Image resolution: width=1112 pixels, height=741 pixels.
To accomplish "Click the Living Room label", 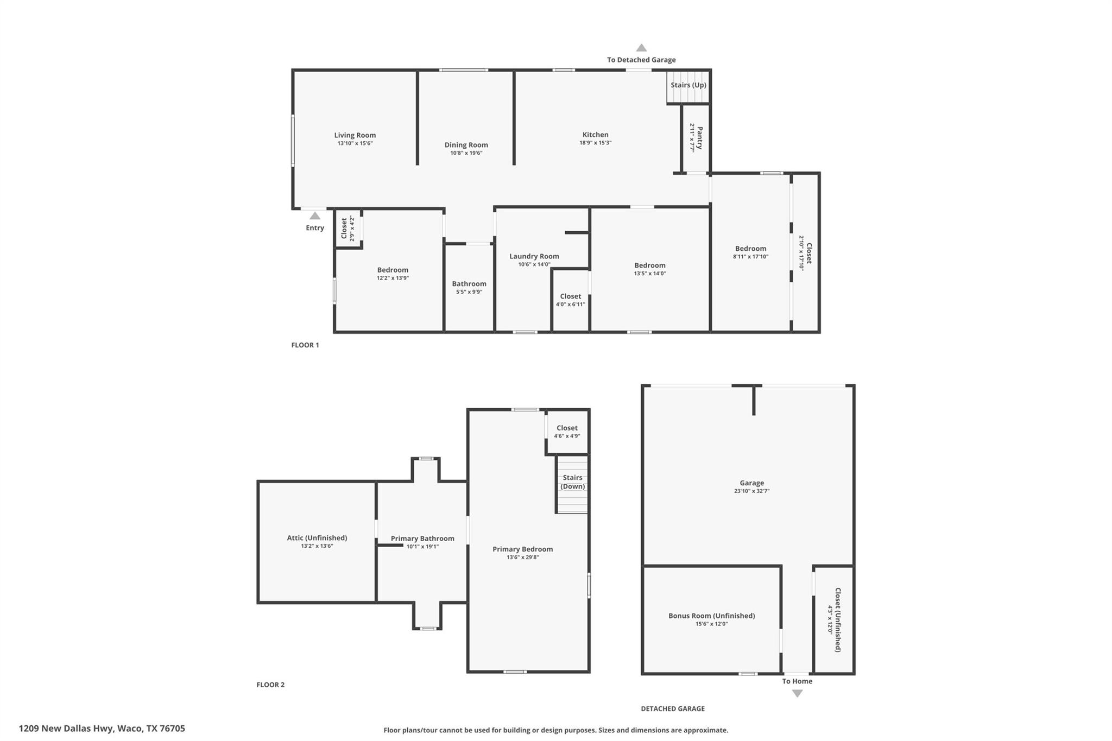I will pyautogui.click(x=355, y=135).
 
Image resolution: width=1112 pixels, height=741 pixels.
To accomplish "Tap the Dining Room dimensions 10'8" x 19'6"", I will pyautogui.click(x=466, y=153).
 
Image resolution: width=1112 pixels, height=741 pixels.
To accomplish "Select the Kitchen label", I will pyautogui.click(x=595, y=135).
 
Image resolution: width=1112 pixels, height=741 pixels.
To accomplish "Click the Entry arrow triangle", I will pyautogui.click(x=315, y=216).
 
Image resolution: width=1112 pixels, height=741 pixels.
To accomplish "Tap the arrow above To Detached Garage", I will pyautogui.click(x=641, y=48).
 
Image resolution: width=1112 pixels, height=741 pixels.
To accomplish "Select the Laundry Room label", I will pyautogui.click(x=534, y=256).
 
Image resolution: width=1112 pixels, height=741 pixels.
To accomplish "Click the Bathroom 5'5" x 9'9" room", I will pyautogui.click(x=469, y=287).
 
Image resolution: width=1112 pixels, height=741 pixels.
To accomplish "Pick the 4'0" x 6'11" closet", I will pyautogui.click(x=570, y=300).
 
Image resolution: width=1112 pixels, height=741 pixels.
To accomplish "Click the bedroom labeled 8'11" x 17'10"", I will pyautogui.click(x=750, y=252).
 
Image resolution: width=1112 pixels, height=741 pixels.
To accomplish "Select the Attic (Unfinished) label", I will pyautogui.click(x=317, y=538).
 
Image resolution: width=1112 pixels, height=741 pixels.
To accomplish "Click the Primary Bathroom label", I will pyautogui.click(x=422, y=539).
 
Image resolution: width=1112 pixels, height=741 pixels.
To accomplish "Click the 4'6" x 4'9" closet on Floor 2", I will pyautogui.click(x=567, y=432).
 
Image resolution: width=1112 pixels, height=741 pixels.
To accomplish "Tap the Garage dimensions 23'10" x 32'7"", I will pyautogui.click(x=751, y=491).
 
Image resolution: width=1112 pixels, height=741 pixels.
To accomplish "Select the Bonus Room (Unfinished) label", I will pyautogui.click(x=711, y=616).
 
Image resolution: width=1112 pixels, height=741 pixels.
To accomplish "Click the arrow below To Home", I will pyautogui.click(x=797, y=693).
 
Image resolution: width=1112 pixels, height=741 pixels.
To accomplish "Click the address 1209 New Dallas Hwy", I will pyautogui.click(x=102, y=729).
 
